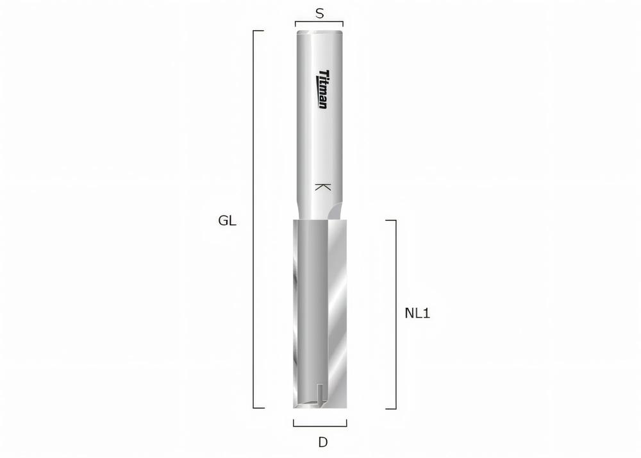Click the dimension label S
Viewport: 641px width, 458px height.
pos(319,13)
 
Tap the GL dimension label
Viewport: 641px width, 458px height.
pos(228,221)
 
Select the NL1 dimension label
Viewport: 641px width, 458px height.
pos(417,314)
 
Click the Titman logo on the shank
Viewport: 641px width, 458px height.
pos(322,89)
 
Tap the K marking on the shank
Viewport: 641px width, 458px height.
pos(322,187)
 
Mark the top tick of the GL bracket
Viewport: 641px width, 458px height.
pos(259,30)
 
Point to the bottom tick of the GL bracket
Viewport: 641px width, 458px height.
pos(259,407)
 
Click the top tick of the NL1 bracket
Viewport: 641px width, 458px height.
pos(390,220)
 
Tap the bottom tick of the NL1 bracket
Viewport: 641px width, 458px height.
pos(390,409)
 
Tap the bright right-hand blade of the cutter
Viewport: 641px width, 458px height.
pos(337,308)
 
